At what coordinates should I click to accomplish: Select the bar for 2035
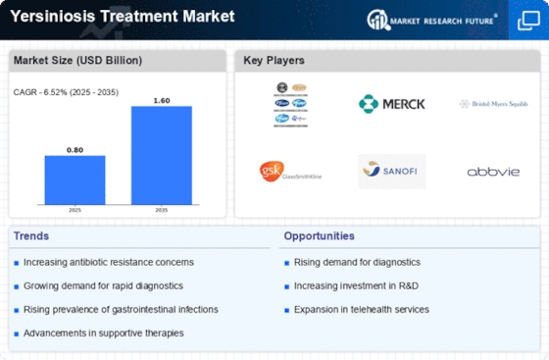[162, 154]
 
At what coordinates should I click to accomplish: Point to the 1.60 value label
[162, 99]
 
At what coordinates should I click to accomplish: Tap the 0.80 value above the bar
[75, 148]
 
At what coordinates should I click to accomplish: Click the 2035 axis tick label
[162, 210]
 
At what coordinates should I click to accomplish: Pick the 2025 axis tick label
[75, 210]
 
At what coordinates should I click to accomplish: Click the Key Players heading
[274, 61]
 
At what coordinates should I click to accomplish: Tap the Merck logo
[391, 103]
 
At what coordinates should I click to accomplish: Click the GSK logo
[290, 171]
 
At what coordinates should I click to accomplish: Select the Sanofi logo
[391, 171]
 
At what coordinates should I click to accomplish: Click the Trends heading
[32, 236]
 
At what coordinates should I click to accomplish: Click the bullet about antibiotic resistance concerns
[109, 262]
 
